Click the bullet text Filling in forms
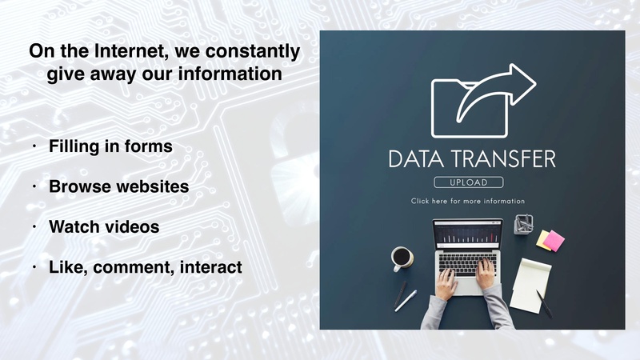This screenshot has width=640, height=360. pos(110,147)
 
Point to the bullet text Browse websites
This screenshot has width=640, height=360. pos(118,186)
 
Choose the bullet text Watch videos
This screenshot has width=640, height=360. pos(104,226)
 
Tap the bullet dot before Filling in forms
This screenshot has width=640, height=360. pos(34,147)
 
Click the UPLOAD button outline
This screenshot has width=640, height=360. pos(468,182)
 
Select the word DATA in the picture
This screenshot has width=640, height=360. pos(414,158)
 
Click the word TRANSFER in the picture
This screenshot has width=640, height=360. pos(501,158)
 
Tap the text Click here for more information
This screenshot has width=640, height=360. pos(468,201)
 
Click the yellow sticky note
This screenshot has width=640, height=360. pos(543,238)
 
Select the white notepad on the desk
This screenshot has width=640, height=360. pos(530,285)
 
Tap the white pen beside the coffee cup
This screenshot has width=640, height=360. pos(405,300)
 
